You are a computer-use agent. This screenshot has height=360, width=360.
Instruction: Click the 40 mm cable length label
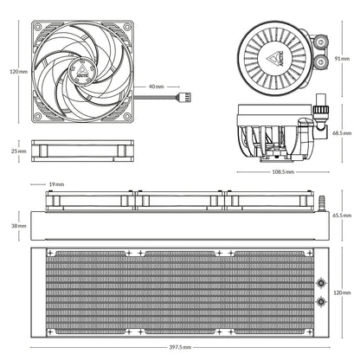pyautogui.click(x=156, y=87)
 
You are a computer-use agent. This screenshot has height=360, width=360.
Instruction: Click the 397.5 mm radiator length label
pyautogui.click(x=179, y=347)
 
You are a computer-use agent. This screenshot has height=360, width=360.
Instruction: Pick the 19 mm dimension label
pyautogui.click(x=57, y=184)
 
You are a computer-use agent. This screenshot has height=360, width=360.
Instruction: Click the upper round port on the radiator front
pyautogui.click(x=322, y=281)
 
